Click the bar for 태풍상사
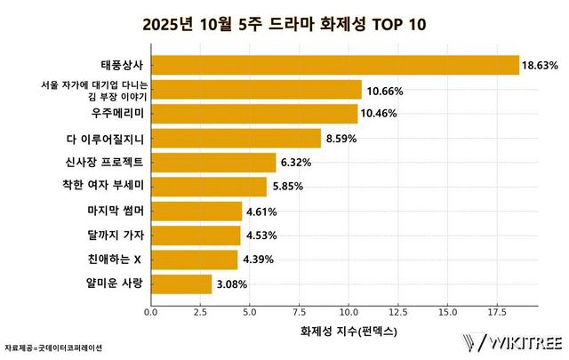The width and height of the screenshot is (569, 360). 334,66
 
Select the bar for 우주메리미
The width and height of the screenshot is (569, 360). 254,114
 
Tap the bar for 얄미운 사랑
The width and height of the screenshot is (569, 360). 181,284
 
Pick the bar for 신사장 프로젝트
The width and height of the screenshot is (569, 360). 213,163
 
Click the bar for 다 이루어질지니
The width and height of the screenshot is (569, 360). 236,138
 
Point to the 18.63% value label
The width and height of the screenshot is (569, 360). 540,66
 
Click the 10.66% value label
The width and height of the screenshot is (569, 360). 382,90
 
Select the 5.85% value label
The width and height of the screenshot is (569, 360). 287,187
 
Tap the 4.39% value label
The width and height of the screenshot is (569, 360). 258,260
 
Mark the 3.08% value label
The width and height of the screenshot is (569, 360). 232,284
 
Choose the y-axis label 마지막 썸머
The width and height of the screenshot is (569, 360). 116,212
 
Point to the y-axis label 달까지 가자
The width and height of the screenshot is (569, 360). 116,236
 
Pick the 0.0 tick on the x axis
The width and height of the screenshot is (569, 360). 150,312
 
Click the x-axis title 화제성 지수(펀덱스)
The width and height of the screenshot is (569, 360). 343,331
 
